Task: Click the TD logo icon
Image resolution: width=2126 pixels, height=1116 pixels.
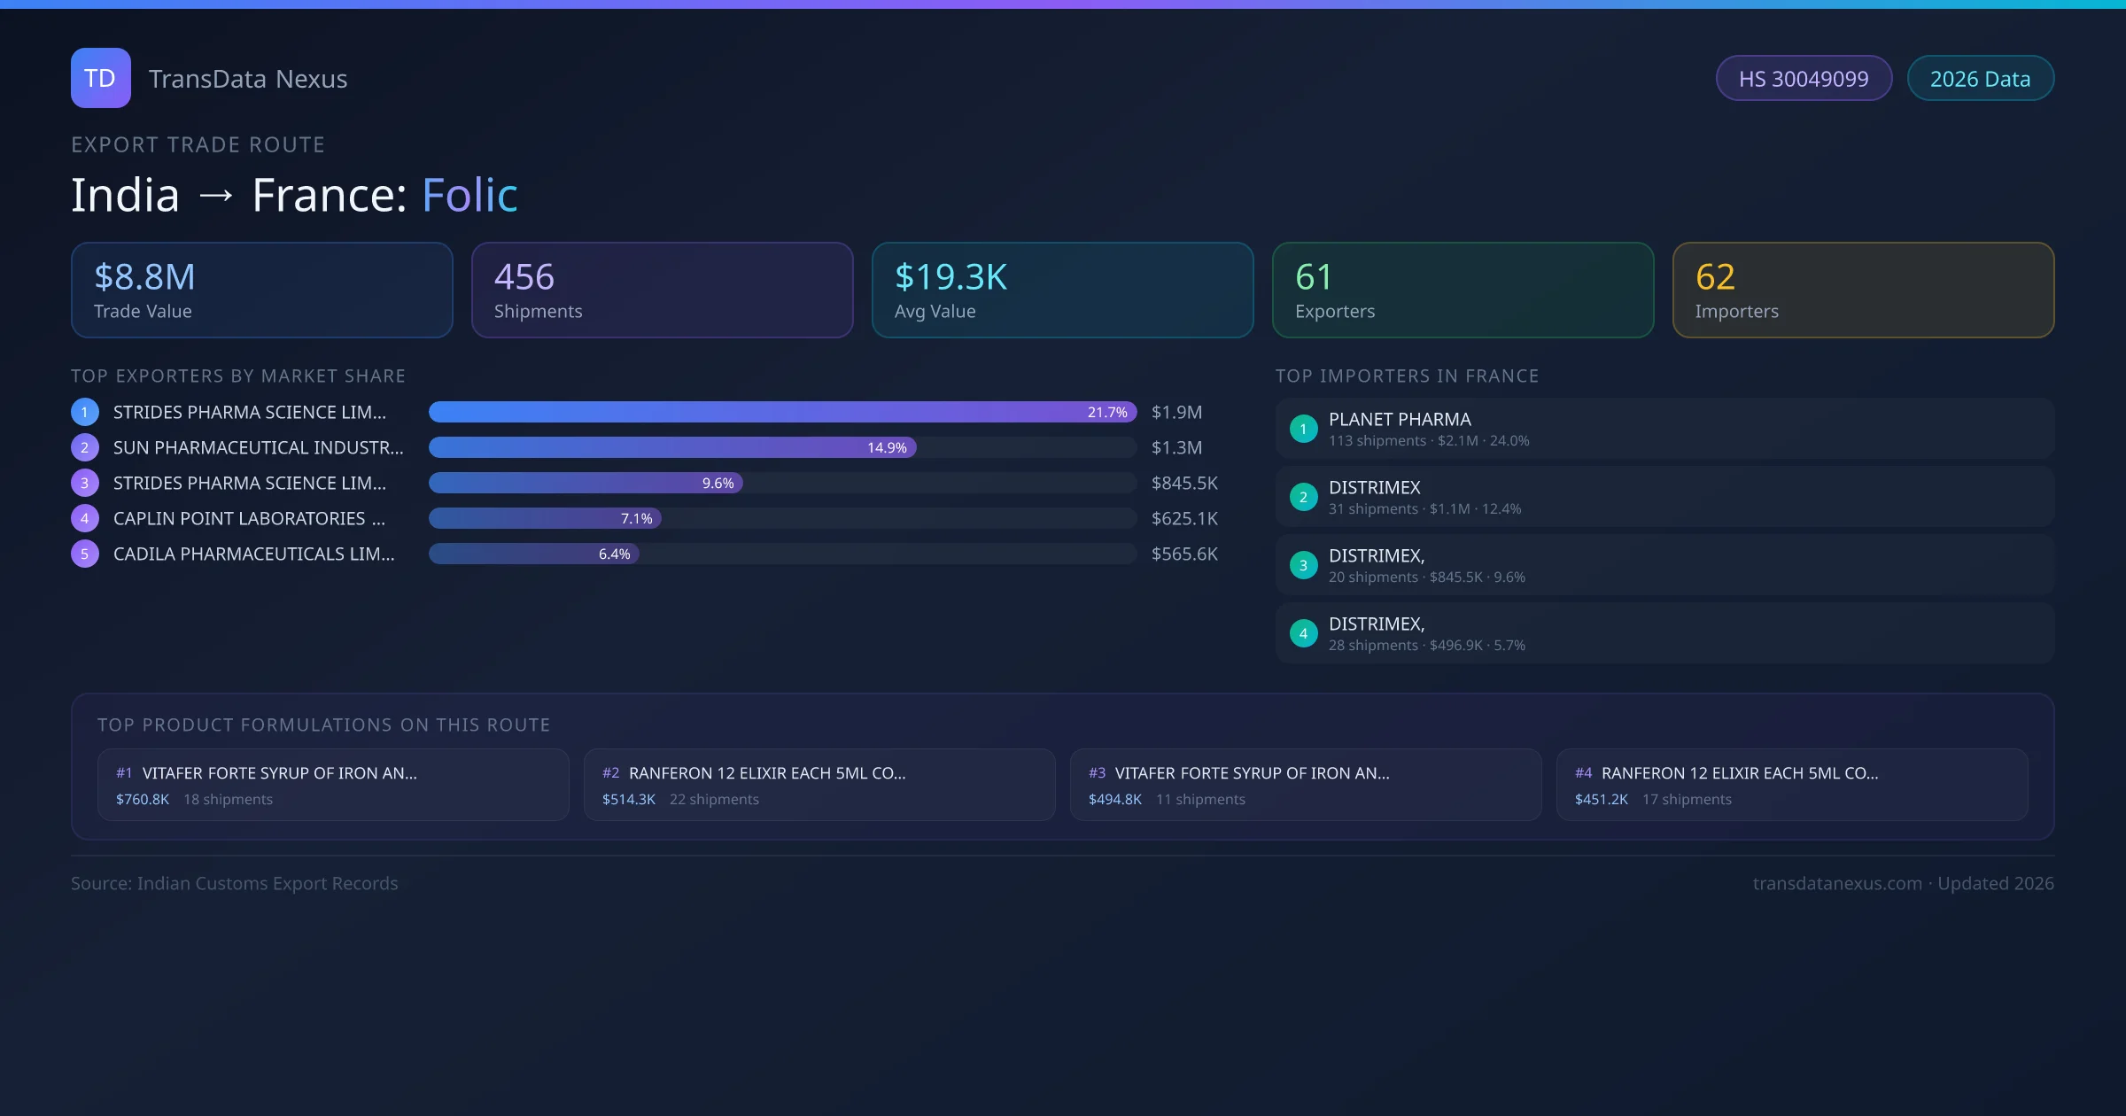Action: pyautogui.click(x=101, y=78)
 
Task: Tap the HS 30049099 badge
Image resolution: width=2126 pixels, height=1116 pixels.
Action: pyautogui.click(x=1804, y=79)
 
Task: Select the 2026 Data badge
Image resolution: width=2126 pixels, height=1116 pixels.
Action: pyautogui.click(x=1980, y=79)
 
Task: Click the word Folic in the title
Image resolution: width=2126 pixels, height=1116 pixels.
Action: pyautogui.click(x=469, y=195)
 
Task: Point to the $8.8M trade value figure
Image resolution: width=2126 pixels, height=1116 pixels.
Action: pyautogui.click(x=144, y=277)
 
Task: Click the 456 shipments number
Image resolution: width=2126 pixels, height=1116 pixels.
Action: pyautogui.click(x=524, y=277)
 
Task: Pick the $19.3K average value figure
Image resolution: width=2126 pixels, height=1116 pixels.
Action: pyautogui.click(x=950, y=277)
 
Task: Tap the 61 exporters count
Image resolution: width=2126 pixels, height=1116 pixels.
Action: pyautogui.click(x=1313, y=277)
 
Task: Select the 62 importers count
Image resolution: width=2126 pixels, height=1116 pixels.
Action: pyautogui.click(x=1715, y=277)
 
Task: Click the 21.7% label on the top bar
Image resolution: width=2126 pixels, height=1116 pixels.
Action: pyautogui.click(x=1107, y=413)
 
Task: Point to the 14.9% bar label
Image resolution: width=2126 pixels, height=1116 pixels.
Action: pyautogui.click(x=887, y=448)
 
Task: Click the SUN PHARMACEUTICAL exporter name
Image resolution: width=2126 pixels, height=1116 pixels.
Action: pyautogui.click(x=258, y=448)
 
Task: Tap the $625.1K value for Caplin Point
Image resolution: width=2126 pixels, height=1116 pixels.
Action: pyautogui.click(x=1184, y=519)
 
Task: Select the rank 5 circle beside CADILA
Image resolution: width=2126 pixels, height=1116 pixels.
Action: pyautogui.click(x=85, y=554)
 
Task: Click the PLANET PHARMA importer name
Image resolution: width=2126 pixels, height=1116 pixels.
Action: pyautogui.click(x=1400, y=420)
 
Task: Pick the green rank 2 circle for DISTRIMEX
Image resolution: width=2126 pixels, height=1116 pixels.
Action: pyautogui.click(x=1303, y=498)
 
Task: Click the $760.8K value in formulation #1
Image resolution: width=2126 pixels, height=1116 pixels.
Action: pyautogui.click(x=143, y=800)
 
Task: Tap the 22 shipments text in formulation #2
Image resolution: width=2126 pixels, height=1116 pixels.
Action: pyautogui.click(x=714, y=800)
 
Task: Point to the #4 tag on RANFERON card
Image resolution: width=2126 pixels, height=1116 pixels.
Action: pyautogui.click(x=1583, y=773)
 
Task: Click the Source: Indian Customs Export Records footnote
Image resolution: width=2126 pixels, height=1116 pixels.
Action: pyautogui.click(x=235, y=884)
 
